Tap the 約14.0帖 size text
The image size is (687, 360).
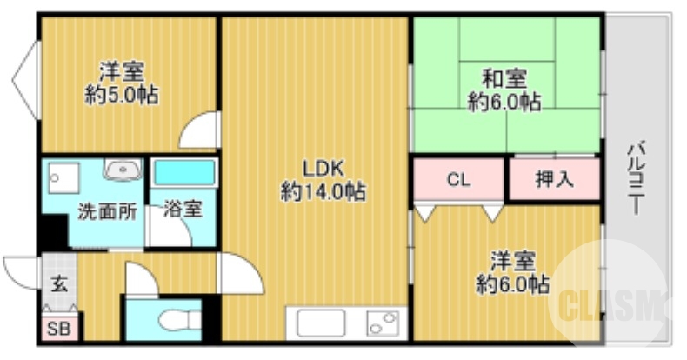click(323, 191)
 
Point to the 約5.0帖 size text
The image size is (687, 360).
click(122, 94)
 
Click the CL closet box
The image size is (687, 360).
click(458, 180)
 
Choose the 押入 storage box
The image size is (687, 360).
click(553, 180)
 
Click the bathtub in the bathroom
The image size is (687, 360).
click(184, 172)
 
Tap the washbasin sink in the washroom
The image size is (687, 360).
click(123, 170)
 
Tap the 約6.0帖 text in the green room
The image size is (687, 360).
click(504, 102)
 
